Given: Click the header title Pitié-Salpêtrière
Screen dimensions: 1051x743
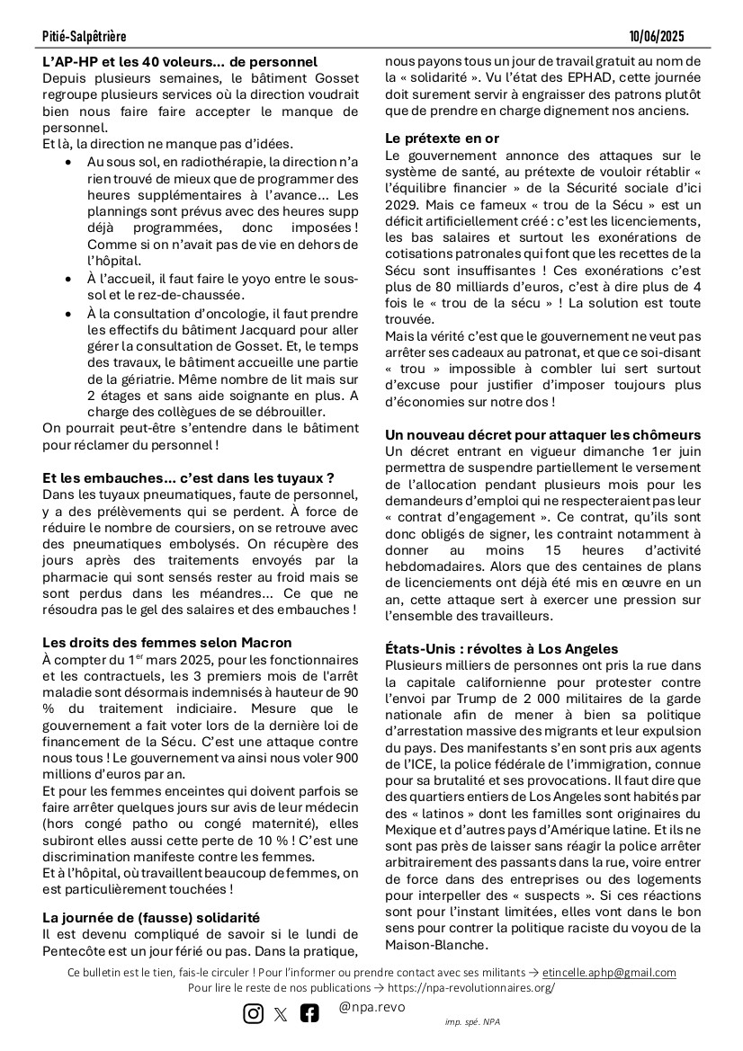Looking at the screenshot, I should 84,36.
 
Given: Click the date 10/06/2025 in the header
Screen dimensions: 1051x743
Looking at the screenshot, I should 658,36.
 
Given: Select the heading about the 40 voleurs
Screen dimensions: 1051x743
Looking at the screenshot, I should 180,62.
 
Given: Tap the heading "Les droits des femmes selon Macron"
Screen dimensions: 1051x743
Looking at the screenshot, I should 167,642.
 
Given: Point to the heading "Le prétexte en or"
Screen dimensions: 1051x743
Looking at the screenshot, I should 442,138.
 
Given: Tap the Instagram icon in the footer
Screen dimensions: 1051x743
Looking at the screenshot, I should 254,1013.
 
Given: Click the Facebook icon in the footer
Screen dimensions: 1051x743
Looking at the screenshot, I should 309,1013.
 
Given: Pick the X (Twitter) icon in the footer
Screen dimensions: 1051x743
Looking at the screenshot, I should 281,1014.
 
